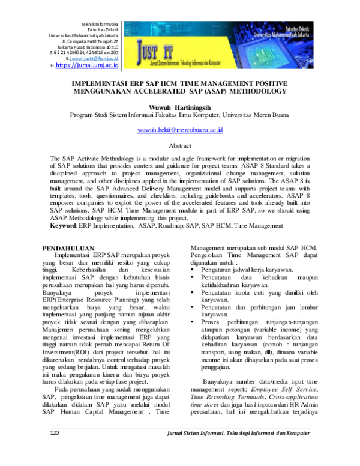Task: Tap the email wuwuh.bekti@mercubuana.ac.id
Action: coord(180,129)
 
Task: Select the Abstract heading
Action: coord(180,146)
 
